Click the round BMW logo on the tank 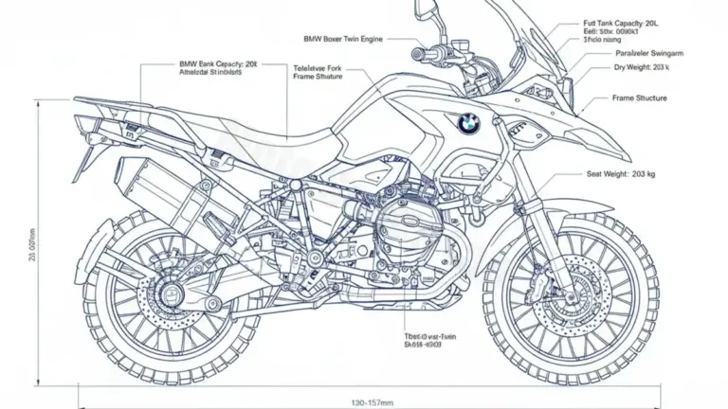(468, 121)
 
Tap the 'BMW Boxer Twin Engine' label (343, 39)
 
